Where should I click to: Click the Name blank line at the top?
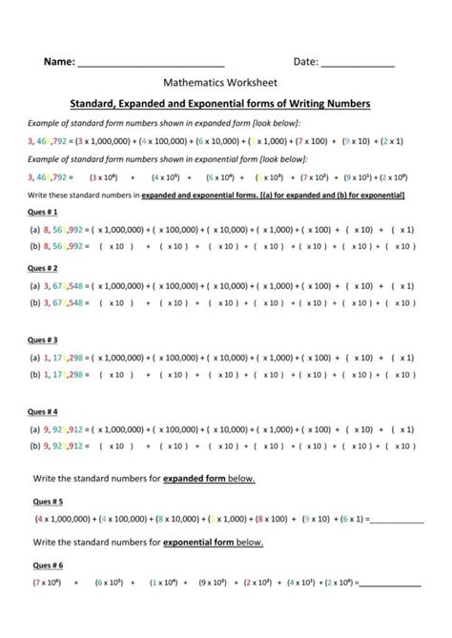pos(151,64)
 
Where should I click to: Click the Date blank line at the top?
pos(358,64)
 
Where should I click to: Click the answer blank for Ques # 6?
pos(388,583)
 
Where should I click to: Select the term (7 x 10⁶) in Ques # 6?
pos(47,581)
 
